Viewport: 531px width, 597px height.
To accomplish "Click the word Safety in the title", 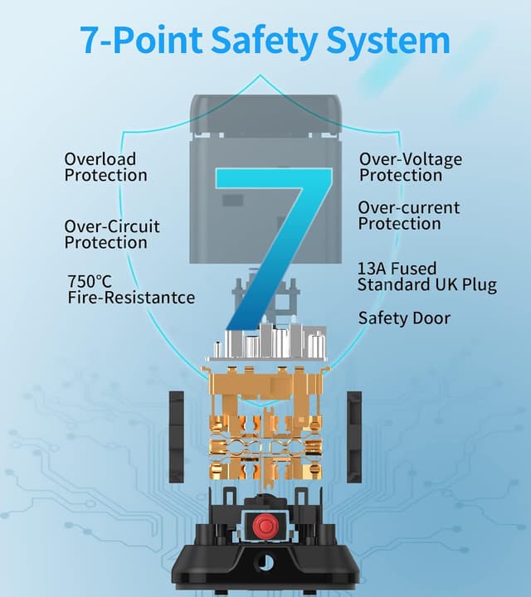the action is (264, 41).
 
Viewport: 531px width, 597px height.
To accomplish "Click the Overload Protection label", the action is (105, 167).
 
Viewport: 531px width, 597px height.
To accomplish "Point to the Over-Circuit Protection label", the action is (112, 235).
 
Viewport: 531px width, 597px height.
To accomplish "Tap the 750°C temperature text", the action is (90, 282).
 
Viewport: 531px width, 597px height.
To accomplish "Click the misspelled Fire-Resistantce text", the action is (131, 298).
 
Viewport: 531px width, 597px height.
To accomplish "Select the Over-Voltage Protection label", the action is (411, 167).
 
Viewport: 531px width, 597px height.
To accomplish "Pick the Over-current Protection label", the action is (409, 216).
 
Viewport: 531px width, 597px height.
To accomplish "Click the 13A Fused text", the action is (397, 269).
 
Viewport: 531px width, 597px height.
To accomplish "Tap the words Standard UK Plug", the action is (427, 285).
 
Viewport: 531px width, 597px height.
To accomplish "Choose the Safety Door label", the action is (404, 318).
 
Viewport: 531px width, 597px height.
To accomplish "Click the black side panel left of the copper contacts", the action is (177, 437).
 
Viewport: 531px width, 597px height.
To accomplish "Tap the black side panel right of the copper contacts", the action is (354, 437).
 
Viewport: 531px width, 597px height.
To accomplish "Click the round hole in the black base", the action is (265, 561).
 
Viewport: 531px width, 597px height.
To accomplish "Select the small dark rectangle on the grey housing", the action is (233, 201).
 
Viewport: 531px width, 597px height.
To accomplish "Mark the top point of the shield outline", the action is (261, 75).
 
